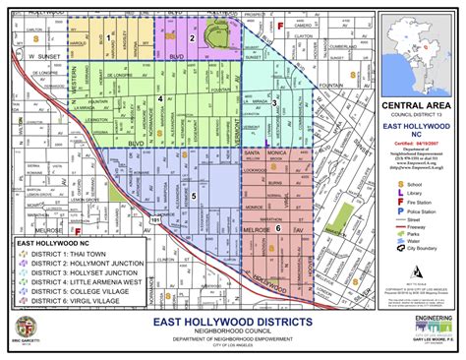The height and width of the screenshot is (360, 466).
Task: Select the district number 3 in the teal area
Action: click(x=274, y=102)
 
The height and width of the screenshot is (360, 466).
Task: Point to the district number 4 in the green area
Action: click(x=160, y=98)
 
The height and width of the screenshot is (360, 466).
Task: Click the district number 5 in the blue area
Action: click(x=194, y=196)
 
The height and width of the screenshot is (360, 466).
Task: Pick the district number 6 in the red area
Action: click(x=278, y=228)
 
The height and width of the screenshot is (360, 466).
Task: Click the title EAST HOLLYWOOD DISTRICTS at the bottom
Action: click(x=232, y=324)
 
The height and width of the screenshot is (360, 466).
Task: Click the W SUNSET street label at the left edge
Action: click(x=44, y=58)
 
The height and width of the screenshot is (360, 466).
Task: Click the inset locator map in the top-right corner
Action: click(x=422, y=49)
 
